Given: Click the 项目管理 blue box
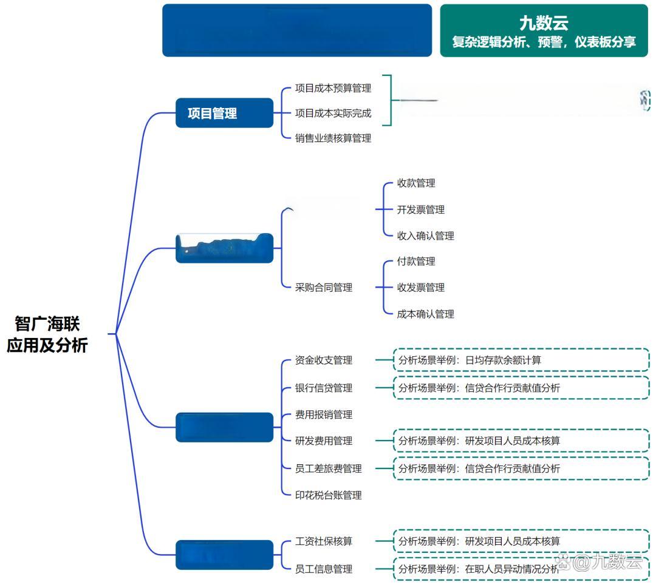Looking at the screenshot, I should click(x=224, y=113).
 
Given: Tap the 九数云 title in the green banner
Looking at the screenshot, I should click(x=544, y=23).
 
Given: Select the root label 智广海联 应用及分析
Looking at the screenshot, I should click(x=47, y=334).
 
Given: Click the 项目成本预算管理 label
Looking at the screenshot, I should click(x=333, y=88).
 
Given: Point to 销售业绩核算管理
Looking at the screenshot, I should click(x=333, y=138).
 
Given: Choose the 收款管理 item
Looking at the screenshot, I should click(x=416, y=183).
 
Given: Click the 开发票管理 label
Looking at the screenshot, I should click(x=421, y=210).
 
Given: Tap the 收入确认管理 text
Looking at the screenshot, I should click(x=425, y=236).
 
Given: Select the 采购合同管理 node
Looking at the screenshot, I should click(x=324, y=288).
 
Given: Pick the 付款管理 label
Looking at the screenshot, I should click(x=416, y=262).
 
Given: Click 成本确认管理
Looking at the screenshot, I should click(x=425, y=314).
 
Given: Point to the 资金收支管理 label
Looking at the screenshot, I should click(x=324, y=360).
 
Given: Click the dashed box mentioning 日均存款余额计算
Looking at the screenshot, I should click(x=521, y=360).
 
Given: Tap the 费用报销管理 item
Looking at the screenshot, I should click(x=324, y=415).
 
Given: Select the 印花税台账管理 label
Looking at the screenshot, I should click(x=328, y=496).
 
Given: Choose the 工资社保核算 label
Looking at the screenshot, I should click(x=324, y=541).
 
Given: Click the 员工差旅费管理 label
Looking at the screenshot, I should click(x=328, y=469).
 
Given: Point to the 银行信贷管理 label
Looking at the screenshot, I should click(x=324, y=388).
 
